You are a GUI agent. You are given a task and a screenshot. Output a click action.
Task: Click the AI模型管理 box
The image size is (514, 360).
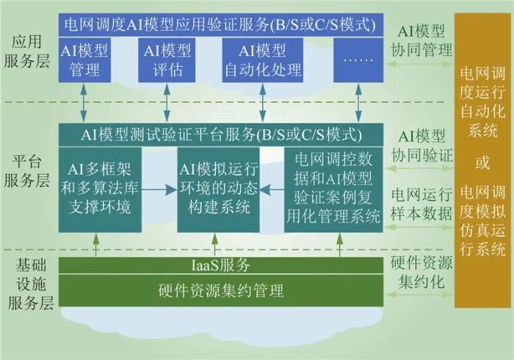[86, 61]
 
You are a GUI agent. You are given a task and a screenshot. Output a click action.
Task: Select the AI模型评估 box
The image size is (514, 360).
[167, 61]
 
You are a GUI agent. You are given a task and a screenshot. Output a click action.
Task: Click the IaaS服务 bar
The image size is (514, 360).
[220, 264]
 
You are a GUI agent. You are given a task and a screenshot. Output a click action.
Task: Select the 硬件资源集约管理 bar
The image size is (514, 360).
[220, 291]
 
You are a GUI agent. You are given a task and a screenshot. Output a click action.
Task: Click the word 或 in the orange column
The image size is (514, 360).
[482, 163]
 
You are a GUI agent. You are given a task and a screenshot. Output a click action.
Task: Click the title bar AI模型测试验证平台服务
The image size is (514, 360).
[220, 134]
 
